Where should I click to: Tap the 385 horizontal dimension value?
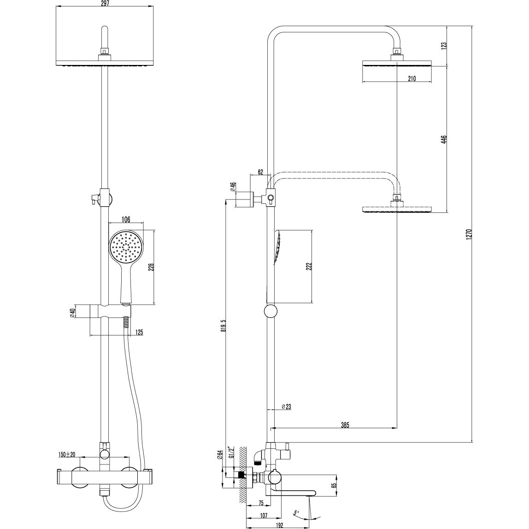click(345, 425)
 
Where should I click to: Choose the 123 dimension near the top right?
click(444, 46)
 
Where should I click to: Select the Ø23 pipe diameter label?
click(286, 406)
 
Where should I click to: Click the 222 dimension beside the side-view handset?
click(309, 267)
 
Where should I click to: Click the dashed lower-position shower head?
click(397, 209)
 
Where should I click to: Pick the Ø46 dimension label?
click(233, 187)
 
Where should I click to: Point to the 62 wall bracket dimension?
click(260, 172)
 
